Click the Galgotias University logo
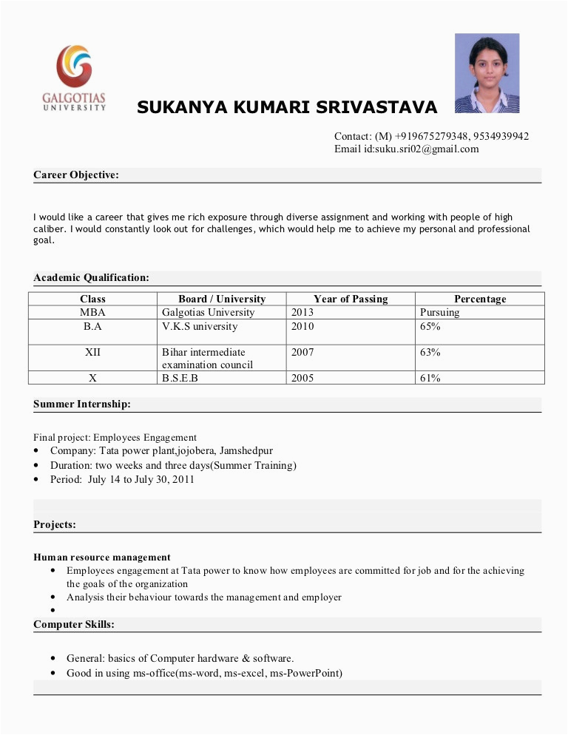(x=74, y=77)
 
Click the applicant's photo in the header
(x=487, y=73)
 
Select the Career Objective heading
(x=76, y=175)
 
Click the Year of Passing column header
(x=351, y=299)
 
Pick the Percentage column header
(x=480, y=299)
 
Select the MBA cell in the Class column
(x=93, y=313)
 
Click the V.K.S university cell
(x=200, y=326)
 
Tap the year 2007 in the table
(x=302, y=352)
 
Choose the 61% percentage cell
(x=430, y=379)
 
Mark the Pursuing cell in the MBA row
(x=439, y=313)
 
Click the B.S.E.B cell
(x=180, y=379)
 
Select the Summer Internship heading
(x=82, y=404)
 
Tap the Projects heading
(x=55, y=525)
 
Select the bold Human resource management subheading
(x=102, y=558)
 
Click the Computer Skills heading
(x=74, y=625)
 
